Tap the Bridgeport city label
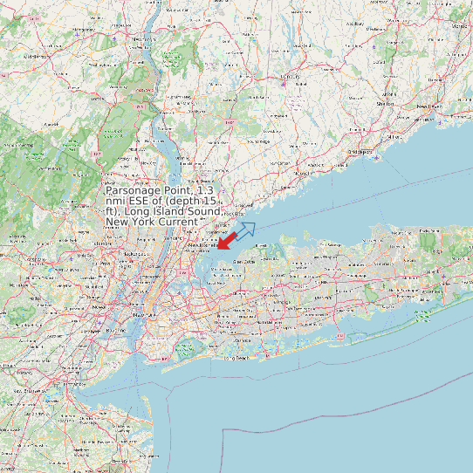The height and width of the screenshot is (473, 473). [x=360, y=151]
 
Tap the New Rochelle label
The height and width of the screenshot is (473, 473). [x=202, y=245]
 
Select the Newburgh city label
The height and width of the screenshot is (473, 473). [x=141, y=40]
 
